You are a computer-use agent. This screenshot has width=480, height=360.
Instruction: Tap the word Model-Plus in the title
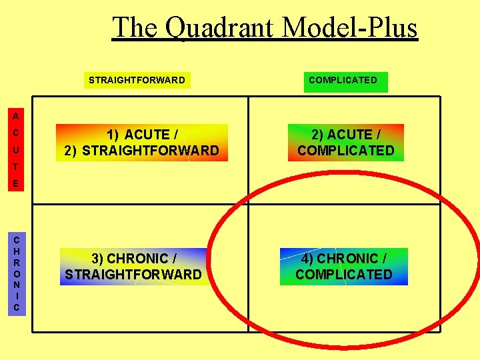350,28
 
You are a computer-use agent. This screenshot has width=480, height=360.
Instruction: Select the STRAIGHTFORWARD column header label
137,80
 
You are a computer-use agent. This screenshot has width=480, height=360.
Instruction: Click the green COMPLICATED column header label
343,80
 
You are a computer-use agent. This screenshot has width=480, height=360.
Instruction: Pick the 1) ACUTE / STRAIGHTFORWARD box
141,143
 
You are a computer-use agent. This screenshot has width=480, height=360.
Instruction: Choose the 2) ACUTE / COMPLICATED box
345,143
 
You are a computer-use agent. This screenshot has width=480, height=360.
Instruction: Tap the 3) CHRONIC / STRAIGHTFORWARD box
133,266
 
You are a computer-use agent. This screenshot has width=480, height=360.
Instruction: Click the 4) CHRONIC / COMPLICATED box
344,266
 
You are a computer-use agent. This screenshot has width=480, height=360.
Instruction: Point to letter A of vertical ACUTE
15,115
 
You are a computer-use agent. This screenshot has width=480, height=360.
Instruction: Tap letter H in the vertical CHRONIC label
16,251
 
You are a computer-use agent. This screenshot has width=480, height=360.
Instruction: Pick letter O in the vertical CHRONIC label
16,273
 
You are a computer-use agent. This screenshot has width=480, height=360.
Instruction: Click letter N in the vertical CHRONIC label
16,285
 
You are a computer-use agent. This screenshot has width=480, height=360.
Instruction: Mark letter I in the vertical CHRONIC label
16,296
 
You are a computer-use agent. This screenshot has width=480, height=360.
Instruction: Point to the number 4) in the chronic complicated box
307,258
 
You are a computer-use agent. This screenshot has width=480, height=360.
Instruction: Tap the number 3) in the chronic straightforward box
97,258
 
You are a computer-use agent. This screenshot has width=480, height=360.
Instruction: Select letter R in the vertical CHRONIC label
16,262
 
